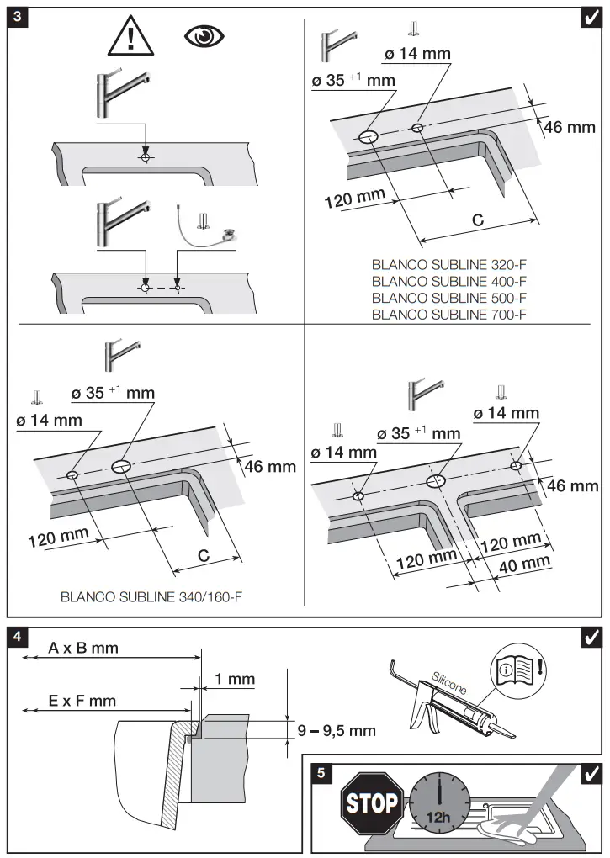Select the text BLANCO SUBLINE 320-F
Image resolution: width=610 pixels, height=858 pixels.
(x=449, y=263)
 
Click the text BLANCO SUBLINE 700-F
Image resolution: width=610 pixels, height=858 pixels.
(x=449, y=315)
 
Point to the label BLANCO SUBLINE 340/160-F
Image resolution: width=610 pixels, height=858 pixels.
(x=157, y=599)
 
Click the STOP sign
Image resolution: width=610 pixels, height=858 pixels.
(x=373, y=803)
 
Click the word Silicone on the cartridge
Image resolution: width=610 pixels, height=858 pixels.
(x=448, y=682)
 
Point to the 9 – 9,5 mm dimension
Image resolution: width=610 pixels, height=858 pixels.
(x=337, y=730)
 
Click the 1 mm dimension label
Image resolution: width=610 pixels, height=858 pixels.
(x=235, y=679)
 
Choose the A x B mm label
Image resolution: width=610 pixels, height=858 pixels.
(x=83, y=648)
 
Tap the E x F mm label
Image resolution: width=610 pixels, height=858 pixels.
(x=82, y=700)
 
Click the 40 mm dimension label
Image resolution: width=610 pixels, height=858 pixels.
(x=524, y=564)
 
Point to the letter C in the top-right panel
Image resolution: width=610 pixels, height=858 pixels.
(x=477, y=220)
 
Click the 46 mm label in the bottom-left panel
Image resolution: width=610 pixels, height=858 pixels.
(x=270, y=467)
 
